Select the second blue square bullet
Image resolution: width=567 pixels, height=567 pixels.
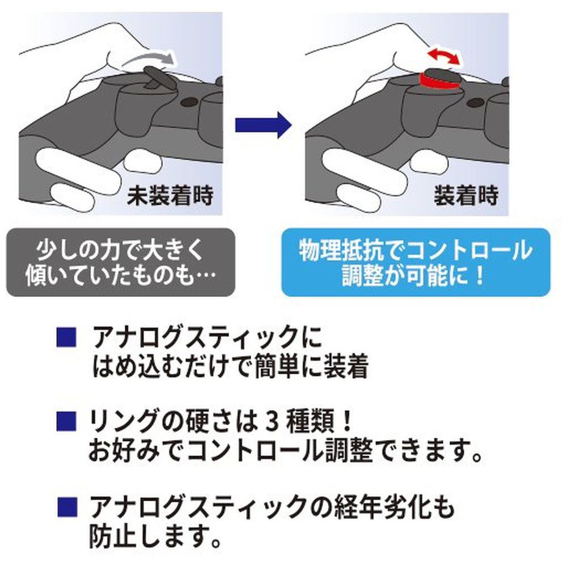66,420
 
